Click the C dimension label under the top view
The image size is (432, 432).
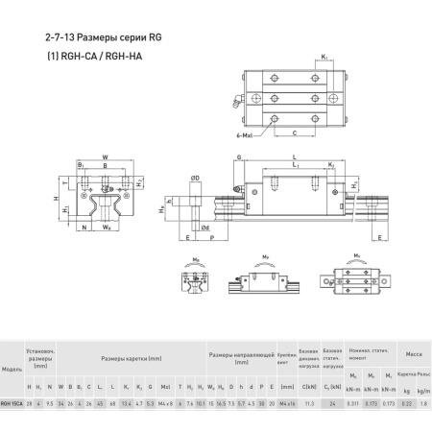[x=293, y=132]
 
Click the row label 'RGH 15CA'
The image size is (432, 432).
[x=13, y=404]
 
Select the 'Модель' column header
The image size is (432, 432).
[x=13, y=369]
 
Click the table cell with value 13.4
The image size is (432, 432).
[x=128, y=404]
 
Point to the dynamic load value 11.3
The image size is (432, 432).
[x=309, y=404]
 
